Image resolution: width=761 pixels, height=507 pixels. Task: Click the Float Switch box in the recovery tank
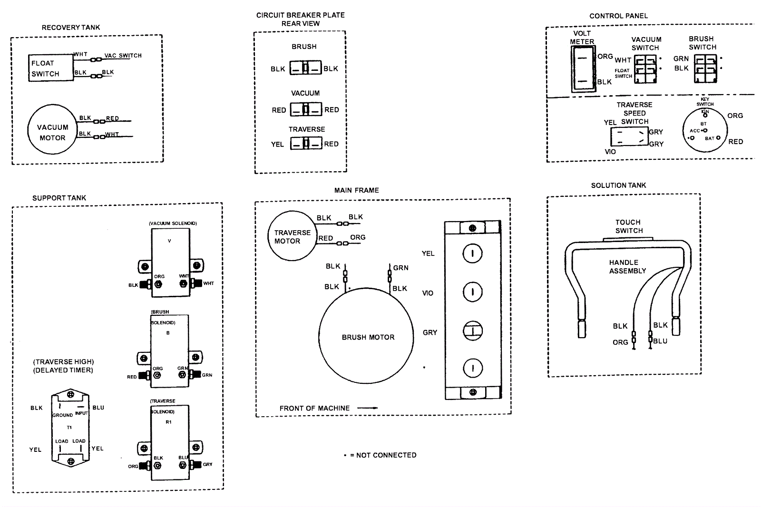(50, 68)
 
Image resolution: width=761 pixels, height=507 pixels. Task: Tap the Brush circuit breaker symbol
(306, 68)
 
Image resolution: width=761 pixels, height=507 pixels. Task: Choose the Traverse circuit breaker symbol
(306, 143)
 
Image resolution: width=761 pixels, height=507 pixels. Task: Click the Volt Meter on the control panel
(583, 69)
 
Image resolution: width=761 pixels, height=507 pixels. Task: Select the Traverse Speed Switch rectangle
(629, 137)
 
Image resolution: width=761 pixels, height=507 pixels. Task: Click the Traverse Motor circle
(292, 236)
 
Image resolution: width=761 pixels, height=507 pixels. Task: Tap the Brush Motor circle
(366, 335)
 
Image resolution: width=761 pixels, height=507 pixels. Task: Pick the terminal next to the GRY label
(473, 331)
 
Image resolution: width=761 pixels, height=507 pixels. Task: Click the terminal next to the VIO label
(473, 292)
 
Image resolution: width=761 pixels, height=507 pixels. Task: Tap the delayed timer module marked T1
(70, 427)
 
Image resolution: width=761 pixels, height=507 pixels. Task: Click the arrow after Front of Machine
(367, 408)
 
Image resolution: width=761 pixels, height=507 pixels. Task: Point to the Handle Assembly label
(627, 267)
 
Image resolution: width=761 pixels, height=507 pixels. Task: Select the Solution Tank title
(618, 185)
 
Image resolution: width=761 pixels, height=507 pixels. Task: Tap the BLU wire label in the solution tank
(660, 341)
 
